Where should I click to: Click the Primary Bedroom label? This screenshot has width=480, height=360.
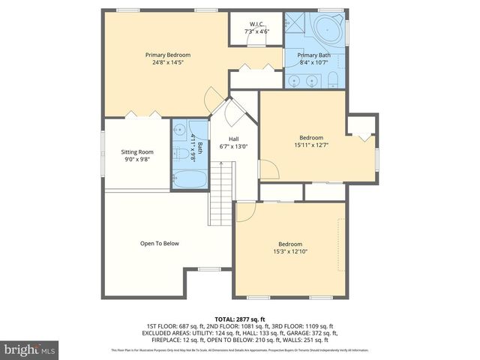click(167, 55)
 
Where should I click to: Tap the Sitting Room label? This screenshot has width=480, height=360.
click(136, 152)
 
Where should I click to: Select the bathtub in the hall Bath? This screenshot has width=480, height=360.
click(189, 179)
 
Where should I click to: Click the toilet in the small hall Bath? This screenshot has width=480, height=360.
click(181, 154)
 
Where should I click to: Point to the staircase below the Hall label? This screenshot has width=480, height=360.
click(222, 192)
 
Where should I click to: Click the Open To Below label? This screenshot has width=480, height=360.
click(159, 243)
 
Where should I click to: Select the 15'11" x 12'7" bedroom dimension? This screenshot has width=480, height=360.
click(310, 145)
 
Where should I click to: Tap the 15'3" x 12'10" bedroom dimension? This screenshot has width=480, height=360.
click(290, 253)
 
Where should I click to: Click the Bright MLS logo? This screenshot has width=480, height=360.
click(29, 349)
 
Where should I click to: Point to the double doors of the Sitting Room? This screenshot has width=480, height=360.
click(142, 114)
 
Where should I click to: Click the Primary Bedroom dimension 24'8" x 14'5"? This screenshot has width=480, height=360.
click(167, 63)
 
